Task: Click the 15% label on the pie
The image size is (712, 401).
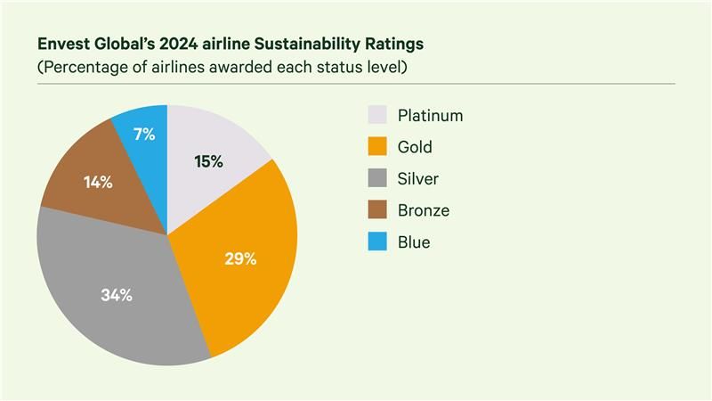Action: (208, 161)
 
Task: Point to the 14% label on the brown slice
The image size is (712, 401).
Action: (98, 183)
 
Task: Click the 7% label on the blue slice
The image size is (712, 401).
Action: (144, 135)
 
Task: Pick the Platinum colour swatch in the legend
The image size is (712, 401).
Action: (377, 115)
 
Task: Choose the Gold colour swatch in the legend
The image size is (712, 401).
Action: (377, 147)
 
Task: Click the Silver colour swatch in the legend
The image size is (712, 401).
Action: (377, 179)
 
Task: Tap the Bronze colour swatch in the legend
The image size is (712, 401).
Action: (377, 210)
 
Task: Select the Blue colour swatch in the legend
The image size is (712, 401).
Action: (377, 242)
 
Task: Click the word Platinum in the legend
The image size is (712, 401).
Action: (431, 115)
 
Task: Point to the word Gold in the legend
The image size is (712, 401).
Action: (416, 147)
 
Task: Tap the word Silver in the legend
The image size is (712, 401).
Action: (418, 179)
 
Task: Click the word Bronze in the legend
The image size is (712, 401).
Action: (424, 210)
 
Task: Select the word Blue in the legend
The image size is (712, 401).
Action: (414, 242)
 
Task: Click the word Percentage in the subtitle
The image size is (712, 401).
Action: (82, 68)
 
